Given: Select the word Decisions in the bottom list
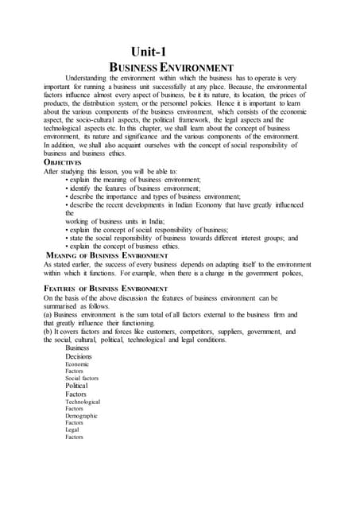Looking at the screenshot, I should click(x=79, y=356).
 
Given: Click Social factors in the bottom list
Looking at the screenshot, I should click(x=82, y=379).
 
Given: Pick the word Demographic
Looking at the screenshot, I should click(x=81, y=415).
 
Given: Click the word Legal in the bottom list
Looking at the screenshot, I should click(x=73, y=429).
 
